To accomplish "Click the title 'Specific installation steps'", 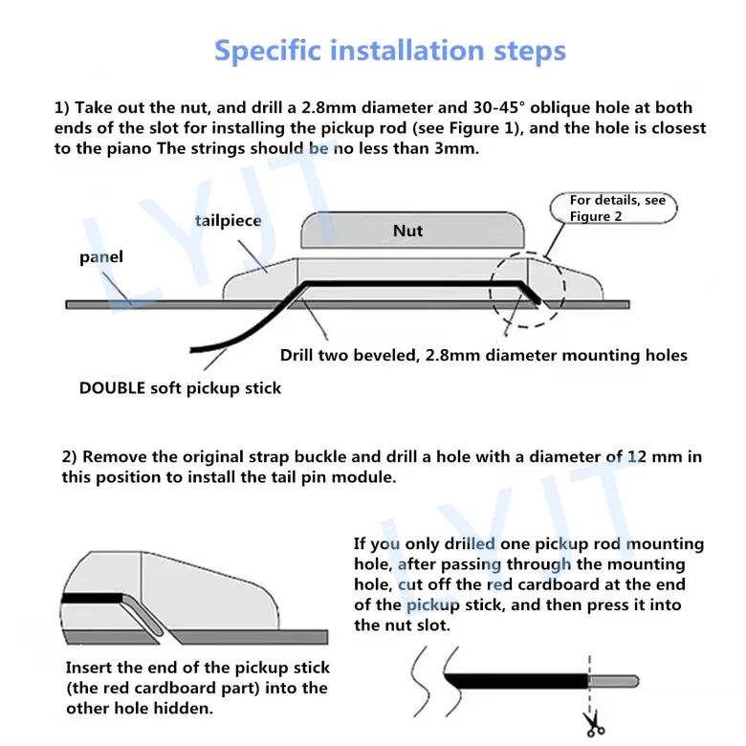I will (389, 51).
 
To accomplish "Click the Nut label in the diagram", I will (407, 230).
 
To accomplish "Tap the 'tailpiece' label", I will (228, 221).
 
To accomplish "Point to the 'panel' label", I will (100, 257).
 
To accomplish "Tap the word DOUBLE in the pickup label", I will (112, 388).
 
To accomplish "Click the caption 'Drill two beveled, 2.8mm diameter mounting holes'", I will (483, 356).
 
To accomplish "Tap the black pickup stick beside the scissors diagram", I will (516, 681).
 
